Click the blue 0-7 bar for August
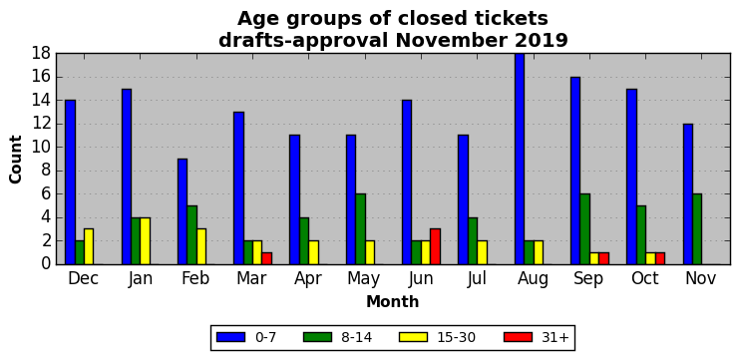coord(520,159)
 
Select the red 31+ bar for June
coord(436,247)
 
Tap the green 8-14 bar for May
coord(361,229)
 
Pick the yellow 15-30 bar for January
coord(146,240)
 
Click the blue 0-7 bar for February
coord(183,211)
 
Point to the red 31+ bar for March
coord(267,258)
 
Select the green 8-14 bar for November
coord(697,229)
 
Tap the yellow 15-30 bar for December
coord(89,247)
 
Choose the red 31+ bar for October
coord(660,258)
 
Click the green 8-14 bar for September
coord(584,229)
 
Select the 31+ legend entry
coord(537,337)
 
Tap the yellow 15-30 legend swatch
coord(413,337)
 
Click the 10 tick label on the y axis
coord(41,148)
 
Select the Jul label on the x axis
coord(477,278)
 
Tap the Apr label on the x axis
coord(308,279)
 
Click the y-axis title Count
coord(16,160)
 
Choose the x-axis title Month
coord(393,301)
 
